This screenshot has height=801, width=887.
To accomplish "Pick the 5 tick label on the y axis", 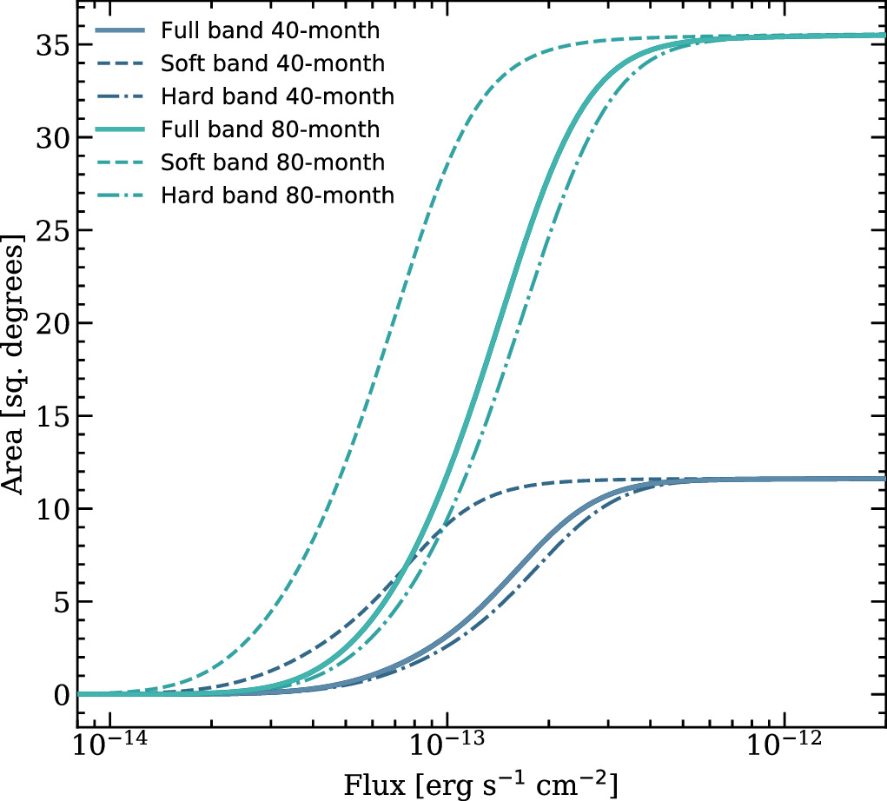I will pos(59,602).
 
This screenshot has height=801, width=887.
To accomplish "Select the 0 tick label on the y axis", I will pos(59,695).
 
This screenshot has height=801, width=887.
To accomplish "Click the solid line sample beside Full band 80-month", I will pos(121,129).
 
